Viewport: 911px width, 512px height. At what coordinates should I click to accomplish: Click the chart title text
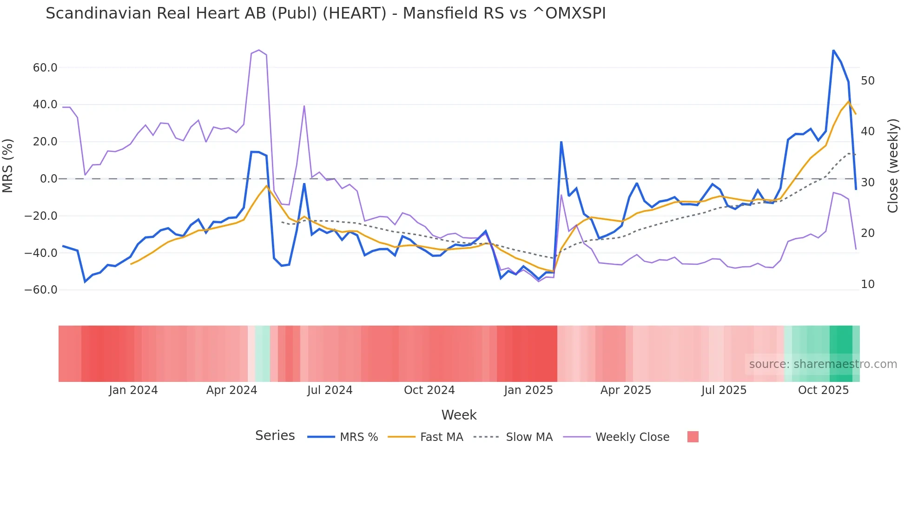click(x=325, y=13)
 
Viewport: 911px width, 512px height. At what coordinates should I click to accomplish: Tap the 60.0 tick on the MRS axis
click(x=45, y=68)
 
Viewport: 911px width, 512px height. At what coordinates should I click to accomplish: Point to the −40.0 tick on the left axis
click(x=41, y=253)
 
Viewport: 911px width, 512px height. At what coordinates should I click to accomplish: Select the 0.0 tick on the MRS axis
click(x=48, y=179)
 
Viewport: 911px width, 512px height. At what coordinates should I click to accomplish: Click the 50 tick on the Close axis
click(x=867, y=81)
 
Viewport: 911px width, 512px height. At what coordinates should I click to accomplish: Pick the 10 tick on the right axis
click(x=867, y=284)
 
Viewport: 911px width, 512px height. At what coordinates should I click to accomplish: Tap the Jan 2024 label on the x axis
click(x=133, y=390)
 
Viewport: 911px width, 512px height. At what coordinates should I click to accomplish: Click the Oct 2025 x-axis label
click(x=823, y=390)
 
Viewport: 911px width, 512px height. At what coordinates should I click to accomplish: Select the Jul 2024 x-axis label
click(x=330, y=390)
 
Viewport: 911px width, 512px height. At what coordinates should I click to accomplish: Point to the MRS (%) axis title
click(x=8, y=166)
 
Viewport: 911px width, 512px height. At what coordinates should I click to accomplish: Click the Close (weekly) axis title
click(x=893, y=166)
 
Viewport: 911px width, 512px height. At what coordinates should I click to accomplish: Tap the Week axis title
click(x=459, y=415)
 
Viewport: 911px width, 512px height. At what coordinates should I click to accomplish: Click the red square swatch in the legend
click(x=693, y=437)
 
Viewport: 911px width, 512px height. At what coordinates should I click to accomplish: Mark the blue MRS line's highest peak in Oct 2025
click(x=833, y=50)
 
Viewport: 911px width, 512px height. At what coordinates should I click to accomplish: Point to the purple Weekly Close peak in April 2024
click(x=259, y=50)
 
